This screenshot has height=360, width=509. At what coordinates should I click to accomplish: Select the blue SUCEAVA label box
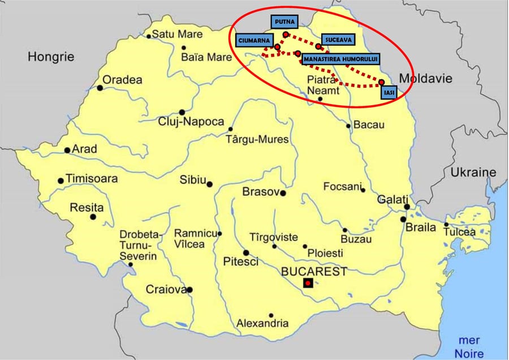tap(338, 40)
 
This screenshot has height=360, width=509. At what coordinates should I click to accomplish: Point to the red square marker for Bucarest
tap(308, 282)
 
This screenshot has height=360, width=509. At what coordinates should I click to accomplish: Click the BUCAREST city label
tap(314, 271)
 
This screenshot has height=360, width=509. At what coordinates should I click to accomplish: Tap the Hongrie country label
tap(51, 57)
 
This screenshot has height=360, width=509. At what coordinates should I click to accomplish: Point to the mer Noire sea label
tap(469, 346)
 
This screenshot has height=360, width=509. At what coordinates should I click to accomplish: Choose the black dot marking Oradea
tap(100, 88)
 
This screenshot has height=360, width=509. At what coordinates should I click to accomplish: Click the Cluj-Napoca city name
tap(191, 122)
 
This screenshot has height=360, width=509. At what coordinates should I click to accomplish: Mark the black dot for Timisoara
tap(61, 181)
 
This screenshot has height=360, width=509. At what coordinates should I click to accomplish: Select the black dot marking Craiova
tap(189, 290)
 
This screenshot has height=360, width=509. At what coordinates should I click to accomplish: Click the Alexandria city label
tap(262, 324)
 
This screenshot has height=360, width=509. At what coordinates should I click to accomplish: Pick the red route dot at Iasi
tap(381, 82)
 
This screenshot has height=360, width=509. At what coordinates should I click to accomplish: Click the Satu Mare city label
tap(177, 35)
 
